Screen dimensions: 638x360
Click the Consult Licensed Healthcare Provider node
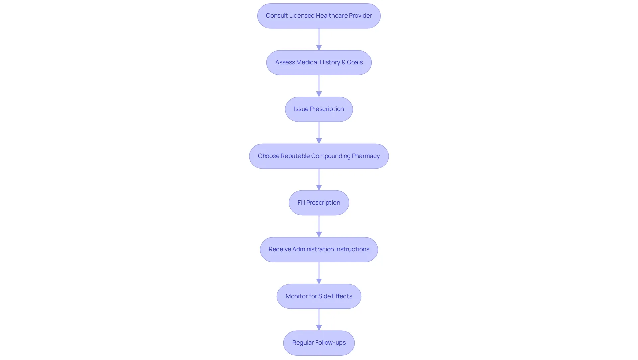(x=319, y=16)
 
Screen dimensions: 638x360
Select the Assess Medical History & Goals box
(x=319, y=62)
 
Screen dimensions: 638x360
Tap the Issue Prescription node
(x=319, y=109)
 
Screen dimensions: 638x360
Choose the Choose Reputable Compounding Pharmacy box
(x=319, y=156)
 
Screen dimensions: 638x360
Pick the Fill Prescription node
(x=319, y=203)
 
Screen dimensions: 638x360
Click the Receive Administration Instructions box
(x=319, y=249)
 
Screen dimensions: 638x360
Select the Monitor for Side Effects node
(x=319, y=296)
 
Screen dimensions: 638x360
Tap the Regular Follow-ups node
(x=319, y=343)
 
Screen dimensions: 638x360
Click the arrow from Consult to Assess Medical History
(x=319, y=39)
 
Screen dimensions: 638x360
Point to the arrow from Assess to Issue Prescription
(x=319, y=86)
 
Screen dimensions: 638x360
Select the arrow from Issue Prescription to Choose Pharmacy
(x=319, y=133)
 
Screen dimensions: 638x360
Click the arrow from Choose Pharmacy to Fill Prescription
(x=319, y=180)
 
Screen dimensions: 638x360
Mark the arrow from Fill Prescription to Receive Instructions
(x=319, y=226)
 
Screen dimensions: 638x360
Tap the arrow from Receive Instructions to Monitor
(x=319, y=273)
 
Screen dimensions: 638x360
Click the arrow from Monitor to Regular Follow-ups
(x=319, y=320)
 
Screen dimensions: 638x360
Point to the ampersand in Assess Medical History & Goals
(x=343, y=62)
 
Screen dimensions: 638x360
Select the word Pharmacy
(x=366, y=156)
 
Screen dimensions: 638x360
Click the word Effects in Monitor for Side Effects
(x=342, y=296)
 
